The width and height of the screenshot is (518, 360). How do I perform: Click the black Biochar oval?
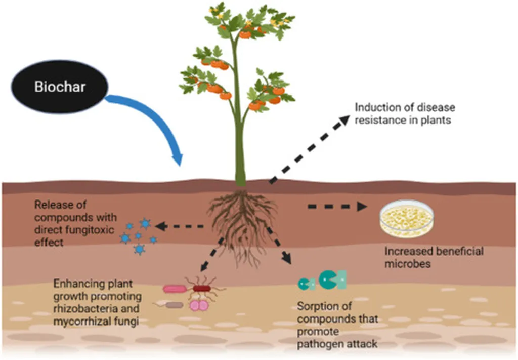(60, 87)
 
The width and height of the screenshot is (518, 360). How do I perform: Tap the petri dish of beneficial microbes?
(407, 219)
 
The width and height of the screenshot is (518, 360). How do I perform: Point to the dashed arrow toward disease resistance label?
(309, 149)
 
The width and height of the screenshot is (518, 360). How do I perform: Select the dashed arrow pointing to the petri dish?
(337, 207)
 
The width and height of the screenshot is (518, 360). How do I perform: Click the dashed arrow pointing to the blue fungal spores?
(179, 226)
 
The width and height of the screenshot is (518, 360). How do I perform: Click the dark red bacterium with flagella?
(202, 288)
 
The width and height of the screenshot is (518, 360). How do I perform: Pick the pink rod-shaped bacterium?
(175, 289)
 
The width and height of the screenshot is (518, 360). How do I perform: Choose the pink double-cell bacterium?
(199, 306)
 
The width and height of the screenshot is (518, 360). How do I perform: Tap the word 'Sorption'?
(324, 306)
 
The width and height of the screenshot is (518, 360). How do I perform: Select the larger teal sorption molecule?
(332, 279)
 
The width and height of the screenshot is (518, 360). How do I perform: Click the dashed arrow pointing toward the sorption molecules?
(279, 245)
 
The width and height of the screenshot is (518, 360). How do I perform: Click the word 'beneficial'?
(458, 251)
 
